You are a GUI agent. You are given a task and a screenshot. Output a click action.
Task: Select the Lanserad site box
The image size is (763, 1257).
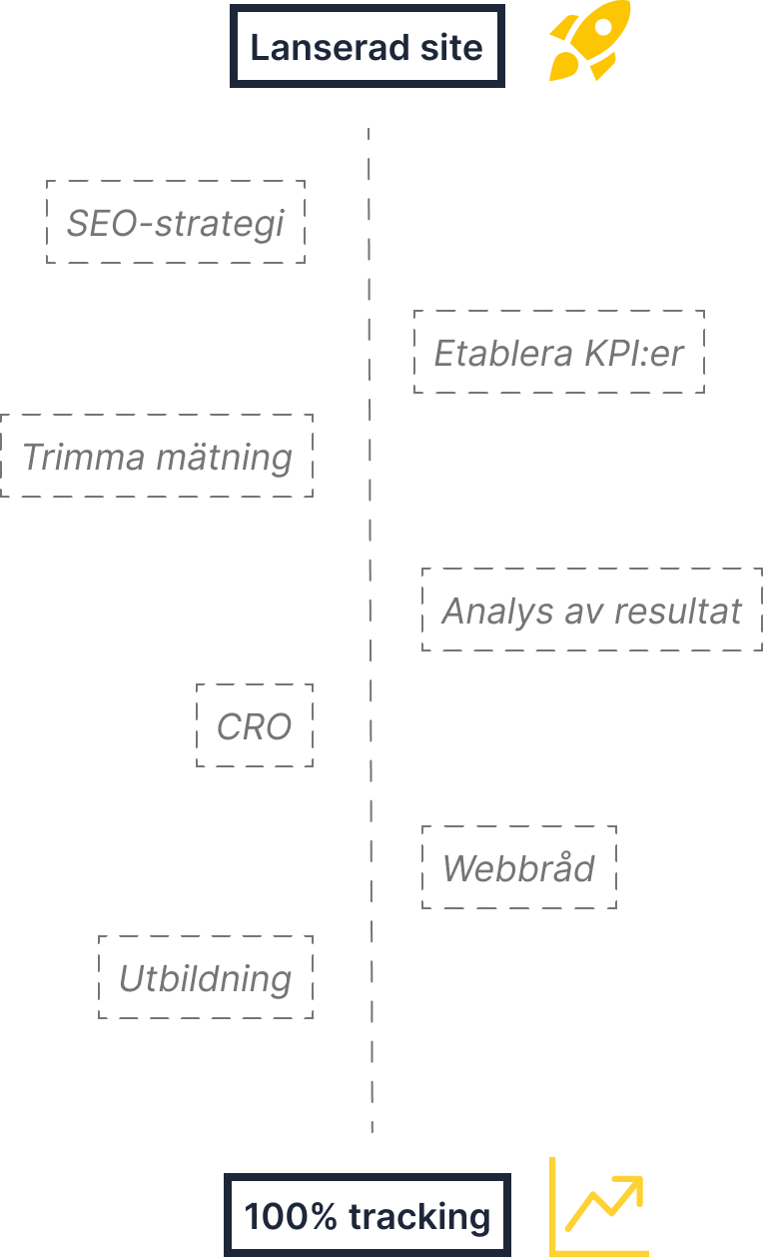tap(367, 47)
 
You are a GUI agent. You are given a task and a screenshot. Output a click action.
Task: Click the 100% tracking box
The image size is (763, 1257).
tap(367, 1216)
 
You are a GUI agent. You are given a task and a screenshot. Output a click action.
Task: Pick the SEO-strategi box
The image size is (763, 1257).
tap(176, 223)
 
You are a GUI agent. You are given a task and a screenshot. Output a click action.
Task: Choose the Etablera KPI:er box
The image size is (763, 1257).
tap(558, 352)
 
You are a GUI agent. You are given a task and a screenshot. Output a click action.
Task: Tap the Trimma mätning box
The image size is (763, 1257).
tap(157, 457)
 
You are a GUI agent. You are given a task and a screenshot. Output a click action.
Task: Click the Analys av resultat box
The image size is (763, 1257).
tap(591, 610)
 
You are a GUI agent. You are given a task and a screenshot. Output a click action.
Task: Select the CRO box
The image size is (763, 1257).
tap(255, 726)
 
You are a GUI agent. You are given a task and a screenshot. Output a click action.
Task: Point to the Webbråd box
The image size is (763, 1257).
tap(518, 867)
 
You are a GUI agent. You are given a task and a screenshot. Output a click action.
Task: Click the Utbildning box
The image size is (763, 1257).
tap(206, 978)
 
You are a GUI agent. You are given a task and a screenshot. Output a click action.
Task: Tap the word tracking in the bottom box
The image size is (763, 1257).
tap(419, 1216)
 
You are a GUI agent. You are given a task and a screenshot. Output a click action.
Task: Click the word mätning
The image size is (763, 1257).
tap(224, 457)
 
